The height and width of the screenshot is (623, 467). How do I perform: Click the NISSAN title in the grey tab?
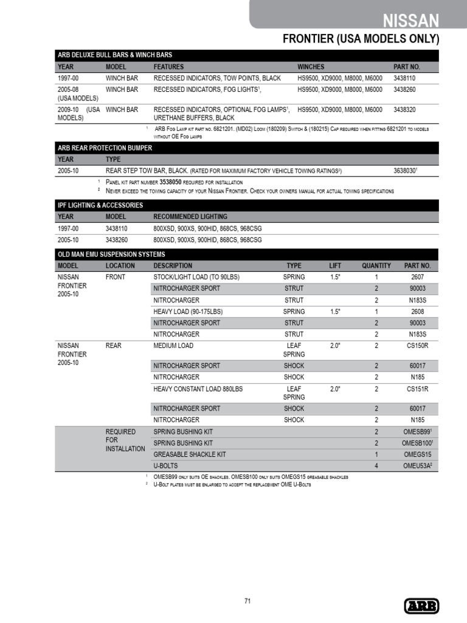[x=411, y=21]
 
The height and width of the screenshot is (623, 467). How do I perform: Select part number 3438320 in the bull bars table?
[x=404, y=110]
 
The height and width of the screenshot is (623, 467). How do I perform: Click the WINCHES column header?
[x=311, y=66]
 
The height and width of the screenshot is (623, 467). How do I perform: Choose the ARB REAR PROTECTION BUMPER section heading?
[x=105, y=148]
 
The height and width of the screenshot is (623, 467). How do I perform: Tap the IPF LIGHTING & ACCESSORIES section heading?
[x=100, y=205]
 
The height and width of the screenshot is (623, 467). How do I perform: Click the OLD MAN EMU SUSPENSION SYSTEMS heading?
[x=111, y=254]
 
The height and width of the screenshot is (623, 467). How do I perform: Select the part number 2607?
[x=417, y=277]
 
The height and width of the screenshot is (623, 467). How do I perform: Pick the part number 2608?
[x=417, y=311]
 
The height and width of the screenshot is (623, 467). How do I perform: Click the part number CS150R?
[x=417, y=346]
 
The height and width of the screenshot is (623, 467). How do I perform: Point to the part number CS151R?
[x=417, y=388]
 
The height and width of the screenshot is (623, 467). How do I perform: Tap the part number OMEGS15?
[x=417, y=454]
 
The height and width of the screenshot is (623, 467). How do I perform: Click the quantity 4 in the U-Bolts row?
[x=376, y=465]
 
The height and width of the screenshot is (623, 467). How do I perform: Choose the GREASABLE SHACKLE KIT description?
[x=189, y=454]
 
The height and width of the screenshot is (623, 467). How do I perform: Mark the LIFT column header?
[x=335, y=266]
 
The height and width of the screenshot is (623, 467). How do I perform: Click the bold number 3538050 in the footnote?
[x=176, y=182]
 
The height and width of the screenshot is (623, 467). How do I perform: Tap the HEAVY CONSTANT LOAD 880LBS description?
[x=198, y=388]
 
